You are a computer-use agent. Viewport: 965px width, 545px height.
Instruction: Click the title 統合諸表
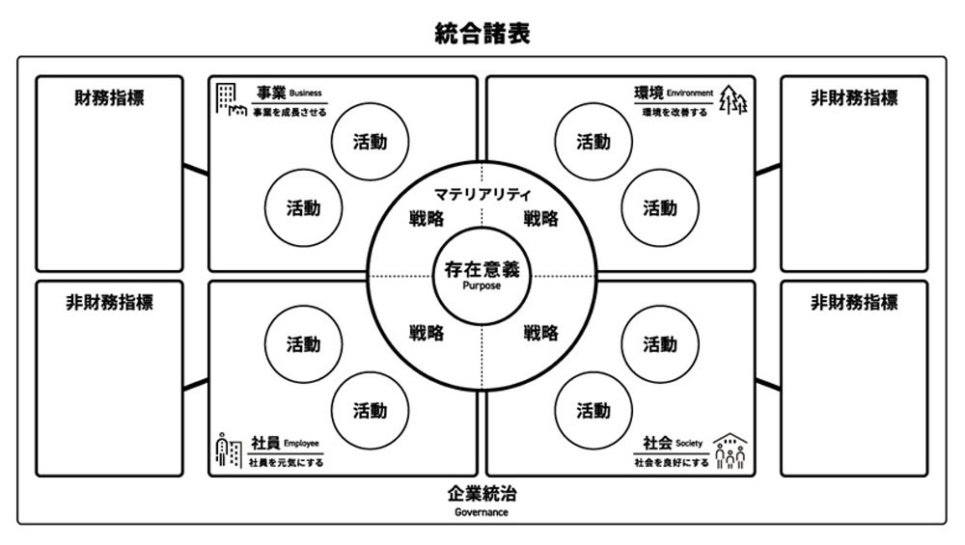pyautogui.click(x=482, y=33)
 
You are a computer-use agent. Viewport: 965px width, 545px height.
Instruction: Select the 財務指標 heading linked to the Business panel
pyautogui.click(x=110, y=97)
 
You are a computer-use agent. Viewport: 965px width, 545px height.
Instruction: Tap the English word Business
pyautogui.click(x=306, y=94)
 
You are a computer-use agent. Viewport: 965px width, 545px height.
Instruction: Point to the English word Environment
pyautogui.click(x=690, y=94)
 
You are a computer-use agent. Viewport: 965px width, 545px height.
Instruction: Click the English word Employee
pyautogui.click(x=301, y=444)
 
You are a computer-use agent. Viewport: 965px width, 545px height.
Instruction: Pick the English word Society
pyautogui.click(x=689, y=444)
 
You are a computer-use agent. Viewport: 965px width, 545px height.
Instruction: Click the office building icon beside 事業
pyautogui.click(x=231, y=99)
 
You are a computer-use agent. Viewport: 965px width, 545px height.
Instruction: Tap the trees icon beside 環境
pyautogui.click(x=733, y=99)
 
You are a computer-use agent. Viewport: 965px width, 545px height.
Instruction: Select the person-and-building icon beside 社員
pyautogui.click(x=229, y=450)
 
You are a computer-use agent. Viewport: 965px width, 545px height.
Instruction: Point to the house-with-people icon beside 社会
pyautogui.click(x=730, y=451)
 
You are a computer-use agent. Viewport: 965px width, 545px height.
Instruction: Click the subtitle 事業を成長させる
pyautogui.click(x=289, y=113)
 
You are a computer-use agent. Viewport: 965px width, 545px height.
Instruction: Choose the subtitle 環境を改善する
pyautogui.click(x=675, y=113)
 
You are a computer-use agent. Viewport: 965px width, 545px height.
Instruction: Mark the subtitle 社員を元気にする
pyautogui.click(x=286, y=463)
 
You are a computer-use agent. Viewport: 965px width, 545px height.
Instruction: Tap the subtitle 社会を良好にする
pyautogui.click(x=672, y=463)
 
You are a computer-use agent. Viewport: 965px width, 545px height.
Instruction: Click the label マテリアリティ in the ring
pyautogui.click(x=482, y=195)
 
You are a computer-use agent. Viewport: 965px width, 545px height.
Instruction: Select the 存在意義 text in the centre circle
pyautogui.click(x=482, y=269)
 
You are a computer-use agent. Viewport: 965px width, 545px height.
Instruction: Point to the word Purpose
pyautogui.click(x=482, y=286)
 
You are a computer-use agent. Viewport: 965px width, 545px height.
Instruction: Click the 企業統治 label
pyautogui.click(x=482, y=493)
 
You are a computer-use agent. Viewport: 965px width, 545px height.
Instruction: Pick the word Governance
pyautogui.click(x=482, y=512)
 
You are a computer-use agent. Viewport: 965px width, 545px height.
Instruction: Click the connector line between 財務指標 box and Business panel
pyautogui.click(x=196, y=170)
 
